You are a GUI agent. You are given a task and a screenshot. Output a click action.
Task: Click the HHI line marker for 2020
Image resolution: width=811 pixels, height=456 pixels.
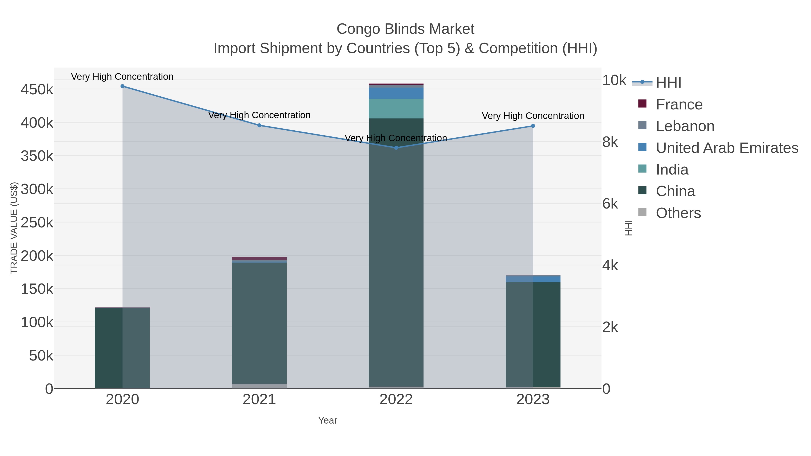[123, 86]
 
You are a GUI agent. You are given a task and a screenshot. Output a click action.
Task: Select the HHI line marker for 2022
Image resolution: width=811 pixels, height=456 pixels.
[396, 147]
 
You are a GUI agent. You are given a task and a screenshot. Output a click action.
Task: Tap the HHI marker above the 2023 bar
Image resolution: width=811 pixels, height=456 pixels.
[533, 126]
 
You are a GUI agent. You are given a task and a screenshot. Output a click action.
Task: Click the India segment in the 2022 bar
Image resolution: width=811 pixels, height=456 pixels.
[396, 109]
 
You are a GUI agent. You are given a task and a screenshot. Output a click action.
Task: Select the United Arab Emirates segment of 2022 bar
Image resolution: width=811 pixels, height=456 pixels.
[396, 93]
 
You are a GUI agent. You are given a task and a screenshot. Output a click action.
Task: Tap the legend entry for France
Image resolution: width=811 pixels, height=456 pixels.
[679, 104]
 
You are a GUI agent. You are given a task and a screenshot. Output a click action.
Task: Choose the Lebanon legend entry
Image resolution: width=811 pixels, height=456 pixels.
[685, 126]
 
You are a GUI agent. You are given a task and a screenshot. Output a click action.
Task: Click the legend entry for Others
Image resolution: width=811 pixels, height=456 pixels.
[678, 213]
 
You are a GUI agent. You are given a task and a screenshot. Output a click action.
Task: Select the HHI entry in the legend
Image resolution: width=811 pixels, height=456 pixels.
[668, 83]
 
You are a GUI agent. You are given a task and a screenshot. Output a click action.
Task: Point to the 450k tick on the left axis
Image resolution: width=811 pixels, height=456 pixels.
[37, 90]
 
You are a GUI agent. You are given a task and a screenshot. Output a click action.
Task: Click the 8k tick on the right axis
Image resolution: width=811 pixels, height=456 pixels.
[610, 142]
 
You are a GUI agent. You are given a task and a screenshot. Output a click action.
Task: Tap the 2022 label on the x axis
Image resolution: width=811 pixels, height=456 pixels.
[396, 400]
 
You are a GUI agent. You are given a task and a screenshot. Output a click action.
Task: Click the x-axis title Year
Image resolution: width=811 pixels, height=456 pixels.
[327, 420]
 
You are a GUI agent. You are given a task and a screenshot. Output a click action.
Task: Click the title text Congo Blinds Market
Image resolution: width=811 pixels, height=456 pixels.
[405, 29]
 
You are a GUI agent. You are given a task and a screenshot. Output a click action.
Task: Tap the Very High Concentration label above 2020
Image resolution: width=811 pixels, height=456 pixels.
[122, 77]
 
